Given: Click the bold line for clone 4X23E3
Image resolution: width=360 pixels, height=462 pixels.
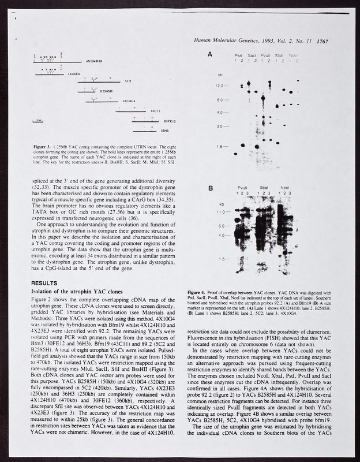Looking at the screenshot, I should [49, 74].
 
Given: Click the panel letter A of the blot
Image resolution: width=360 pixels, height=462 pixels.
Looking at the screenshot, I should [211, 54].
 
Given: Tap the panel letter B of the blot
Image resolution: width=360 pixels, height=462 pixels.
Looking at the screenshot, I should [211, 188].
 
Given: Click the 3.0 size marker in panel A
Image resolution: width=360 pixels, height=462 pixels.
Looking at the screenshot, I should [220, 126].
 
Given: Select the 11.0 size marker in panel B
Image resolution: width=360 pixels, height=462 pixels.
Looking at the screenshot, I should [220, 213].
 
